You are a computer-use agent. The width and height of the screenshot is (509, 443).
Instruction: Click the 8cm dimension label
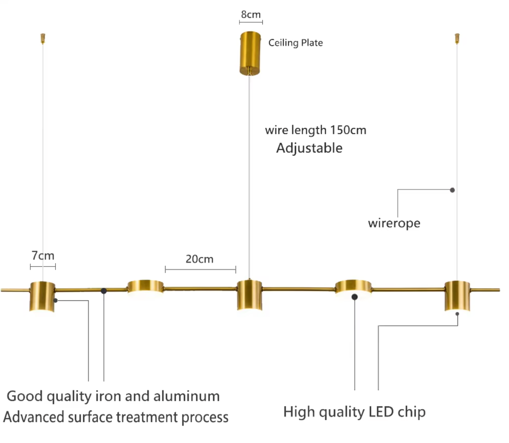(251, 14)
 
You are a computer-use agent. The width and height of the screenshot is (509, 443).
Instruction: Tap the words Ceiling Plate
(296, 43)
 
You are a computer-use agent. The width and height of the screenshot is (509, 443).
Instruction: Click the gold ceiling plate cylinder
(250, 53)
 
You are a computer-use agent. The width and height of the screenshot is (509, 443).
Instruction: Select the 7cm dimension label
(43, 256)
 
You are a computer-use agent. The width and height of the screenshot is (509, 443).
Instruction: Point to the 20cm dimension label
(199, 259)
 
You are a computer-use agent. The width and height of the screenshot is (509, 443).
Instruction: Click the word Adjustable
(309, 148)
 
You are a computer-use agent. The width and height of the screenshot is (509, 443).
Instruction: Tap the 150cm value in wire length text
(348, 130)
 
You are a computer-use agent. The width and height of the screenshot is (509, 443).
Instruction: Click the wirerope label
(394, 223)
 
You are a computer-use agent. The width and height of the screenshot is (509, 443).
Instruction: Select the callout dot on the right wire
(452, 190)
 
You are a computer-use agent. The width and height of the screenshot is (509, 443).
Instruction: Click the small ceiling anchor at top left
(43, 38)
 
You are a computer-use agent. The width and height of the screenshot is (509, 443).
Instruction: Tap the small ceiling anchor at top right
(457, 38)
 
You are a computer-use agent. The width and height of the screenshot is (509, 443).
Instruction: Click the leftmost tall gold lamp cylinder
(42, 297)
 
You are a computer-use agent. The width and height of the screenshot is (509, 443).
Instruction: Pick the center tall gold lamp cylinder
(250, 295)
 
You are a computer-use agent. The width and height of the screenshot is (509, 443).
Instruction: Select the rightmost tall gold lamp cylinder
(457, 296)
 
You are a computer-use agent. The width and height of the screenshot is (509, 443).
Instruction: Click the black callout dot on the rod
(104, 291)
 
